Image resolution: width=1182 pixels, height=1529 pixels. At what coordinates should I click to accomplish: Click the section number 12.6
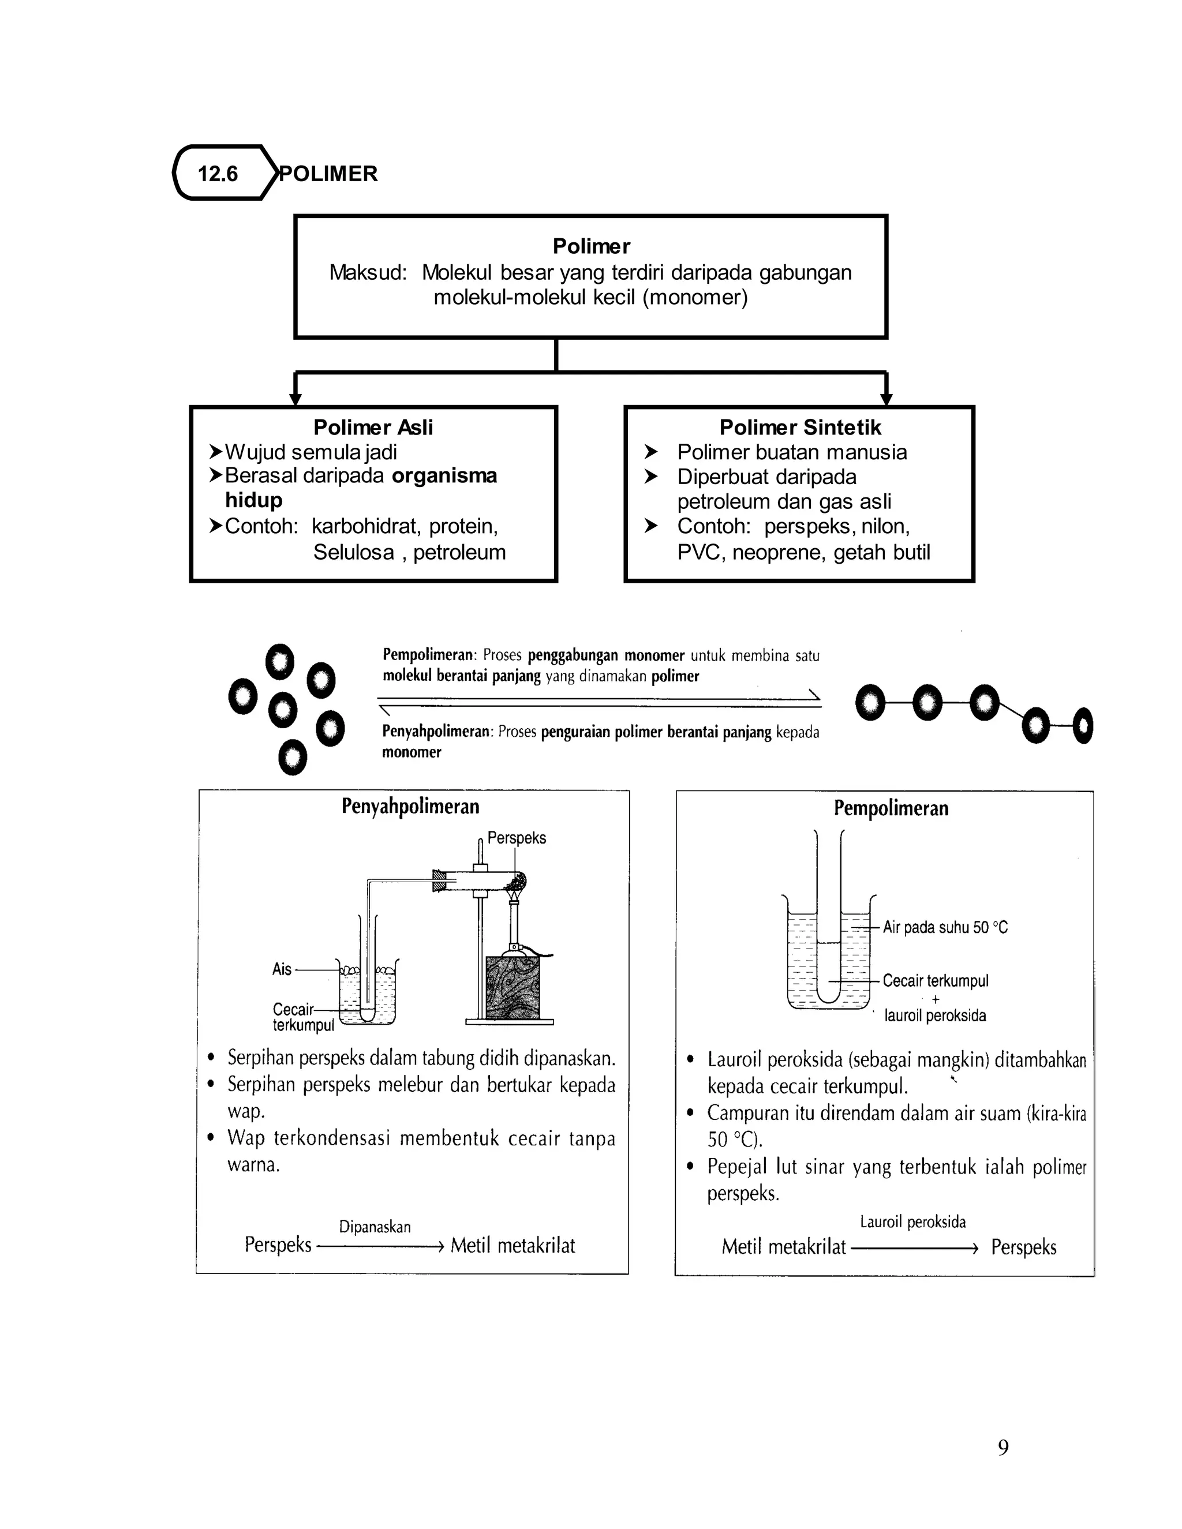217,174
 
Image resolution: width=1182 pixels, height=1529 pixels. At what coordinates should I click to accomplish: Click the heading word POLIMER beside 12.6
328,174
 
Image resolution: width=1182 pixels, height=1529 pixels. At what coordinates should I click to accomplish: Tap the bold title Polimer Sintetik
800,427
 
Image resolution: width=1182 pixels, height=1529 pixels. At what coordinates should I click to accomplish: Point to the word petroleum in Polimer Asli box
459,552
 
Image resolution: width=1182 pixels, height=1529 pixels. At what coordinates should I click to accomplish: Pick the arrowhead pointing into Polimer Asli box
295,400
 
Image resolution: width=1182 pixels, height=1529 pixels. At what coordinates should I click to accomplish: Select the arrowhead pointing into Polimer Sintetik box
886,400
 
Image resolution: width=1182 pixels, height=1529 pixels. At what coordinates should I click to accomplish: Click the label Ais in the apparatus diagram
282,970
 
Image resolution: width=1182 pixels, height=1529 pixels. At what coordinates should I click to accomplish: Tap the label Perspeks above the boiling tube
516,838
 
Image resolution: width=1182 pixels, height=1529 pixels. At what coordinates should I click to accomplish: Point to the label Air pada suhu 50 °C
945,928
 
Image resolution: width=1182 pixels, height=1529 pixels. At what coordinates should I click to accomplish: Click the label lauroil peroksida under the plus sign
935,1016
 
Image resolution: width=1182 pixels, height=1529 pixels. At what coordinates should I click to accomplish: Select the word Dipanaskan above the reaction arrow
375,1227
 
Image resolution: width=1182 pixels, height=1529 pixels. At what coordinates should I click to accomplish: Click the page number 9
1003,1448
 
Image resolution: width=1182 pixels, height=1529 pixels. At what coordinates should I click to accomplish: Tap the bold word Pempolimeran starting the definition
428,656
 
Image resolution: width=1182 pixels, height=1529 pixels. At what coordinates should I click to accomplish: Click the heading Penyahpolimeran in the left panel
410,807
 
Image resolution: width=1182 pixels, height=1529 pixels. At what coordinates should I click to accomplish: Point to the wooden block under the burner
513,987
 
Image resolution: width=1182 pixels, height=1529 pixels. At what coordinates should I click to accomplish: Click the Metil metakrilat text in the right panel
784,1247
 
